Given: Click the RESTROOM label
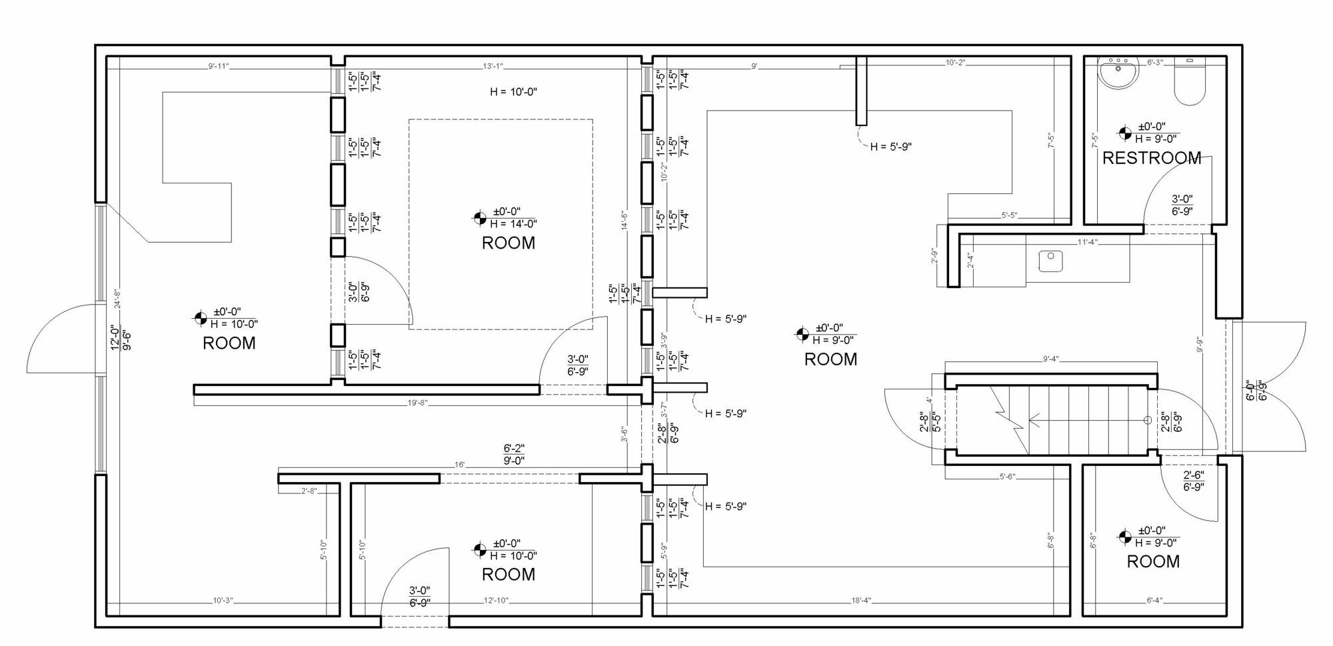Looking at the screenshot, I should (1152, 158).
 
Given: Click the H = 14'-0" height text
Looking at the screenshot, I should (513, 224).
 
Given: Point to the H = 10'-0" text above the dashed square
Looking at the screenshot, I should (513, 92).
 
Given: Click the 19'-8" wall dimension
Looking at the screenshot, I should (417, 403).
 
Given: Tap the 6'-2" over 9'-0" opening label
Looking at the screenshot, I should (514, 455).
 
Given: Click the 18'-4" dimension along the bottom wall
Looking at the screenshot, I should (861, 601).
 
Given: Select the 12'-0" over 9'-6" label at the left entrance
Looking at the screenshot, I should (119, 337).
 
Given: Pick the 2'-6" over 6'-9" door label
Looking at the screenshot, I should (1193, 481).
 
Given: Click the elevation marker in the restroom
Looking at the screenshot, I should (1124, 133).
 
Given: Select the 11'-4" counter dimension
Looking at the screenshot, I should (1087, 242).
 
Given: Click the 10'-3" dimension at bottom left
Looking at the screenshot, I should (222, 601).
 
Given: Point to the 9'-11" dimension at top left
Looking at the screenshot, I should (219, 66).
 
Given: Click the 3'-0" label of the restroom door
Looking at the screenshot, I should (1182, 199).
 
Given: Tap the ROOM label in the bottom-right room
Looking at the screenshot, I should (1153, 561).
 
